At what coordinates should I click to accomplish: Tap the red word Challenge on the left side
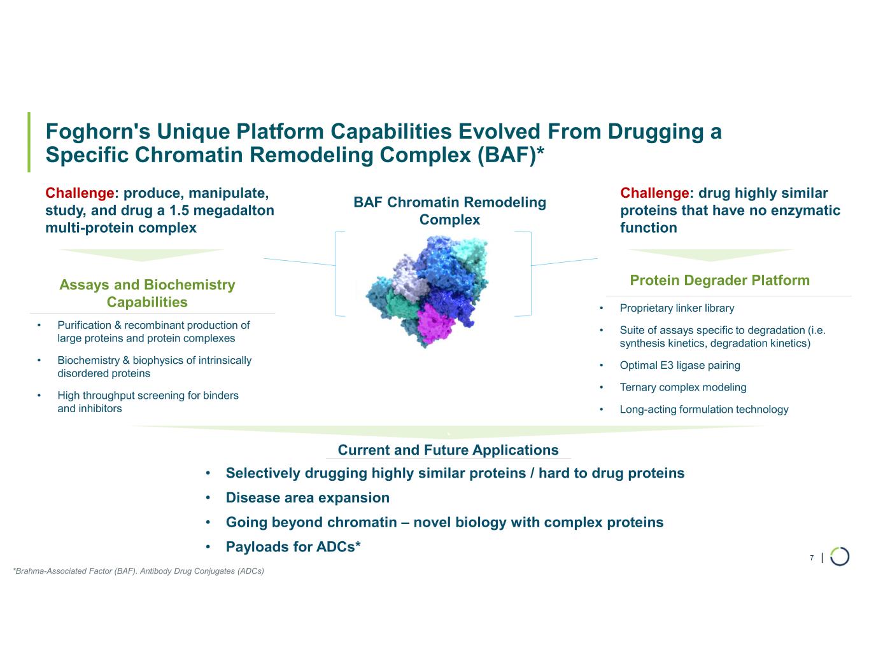(80, 193)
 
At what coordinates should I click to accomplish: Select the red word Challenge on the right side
(654, 193)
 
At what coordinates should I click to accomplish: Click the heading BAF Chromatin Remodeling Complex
(449, 211)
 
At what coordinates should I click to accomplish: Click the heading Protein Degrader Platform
(719, 280)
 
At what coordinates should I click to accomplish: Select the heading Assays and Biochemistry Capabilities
(147, 293)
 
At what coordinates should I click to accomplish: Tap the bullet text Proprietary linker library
(677, 308)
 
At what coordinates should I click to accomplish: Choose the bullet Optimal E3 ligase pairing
(679, 366)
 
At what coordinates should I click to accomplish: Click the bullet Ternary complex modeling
(682, 388)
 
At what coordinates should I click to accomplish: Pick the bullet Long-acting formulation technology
(703, 410)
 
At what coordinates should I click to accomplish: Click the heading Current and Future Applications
(448, 450)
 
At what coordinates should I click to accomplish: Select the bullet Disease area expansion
(307, 498)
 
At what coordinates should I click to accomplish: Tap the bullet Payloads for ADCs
(293, 547)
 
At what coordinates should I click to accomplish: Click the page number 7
(812, 558)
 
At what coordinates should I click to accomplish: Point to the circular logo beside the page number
(840, 557)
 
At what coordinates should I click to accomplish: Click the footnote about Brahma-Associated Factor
(138, 571)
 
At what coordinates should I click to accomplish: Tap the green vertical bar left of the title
(29, 142)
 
